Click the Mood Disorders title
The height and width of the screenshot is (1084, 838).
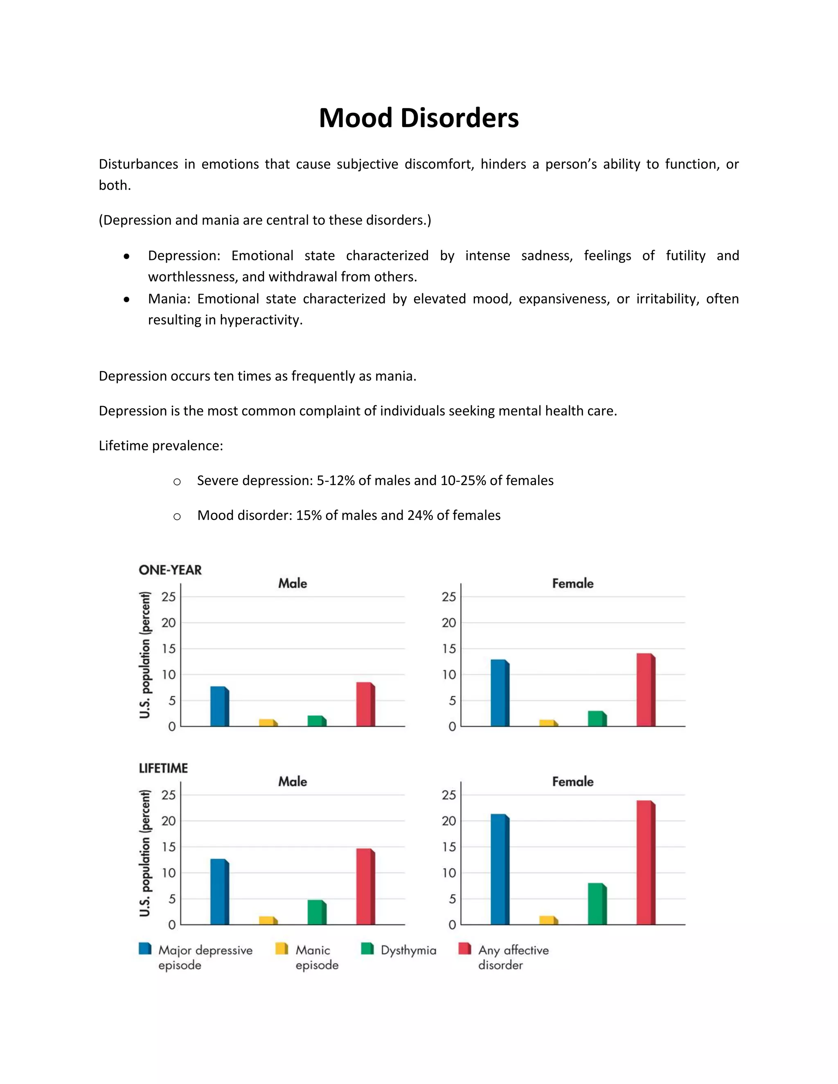(x=419, y=118)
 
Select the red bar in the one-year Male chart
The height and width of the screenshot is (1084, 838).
(x=365, y=705)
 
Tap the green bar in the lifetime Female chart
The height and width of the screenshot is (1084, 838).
(x=597, y=904)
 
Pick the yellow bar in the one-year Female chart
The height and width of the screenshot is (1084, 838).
(x=548, y=723)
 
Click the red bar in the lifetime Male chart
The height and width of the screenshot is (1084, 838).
(x=365, y=886)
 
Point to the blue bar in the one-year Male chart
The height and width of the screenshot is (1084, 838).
(x=219, y=707)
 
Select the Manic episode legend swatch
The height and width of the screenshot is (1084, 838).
(x=282, y=949)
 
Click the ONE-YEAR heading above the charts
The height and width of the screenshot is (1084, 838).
(x=170, y=570)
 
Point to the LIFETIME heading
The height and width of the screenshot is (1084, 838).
(x=163, y=768)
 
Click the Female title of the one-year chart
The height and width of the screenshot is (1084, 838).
(x=572, y=583)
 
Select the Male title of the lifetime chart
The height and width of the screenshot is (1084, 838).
(x=293, y=782)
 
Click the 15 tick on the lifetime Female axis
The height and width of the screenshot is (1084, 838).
(x=448, y=847)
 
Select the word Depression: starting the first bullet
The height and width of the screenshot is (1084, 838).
(x=184, y=256)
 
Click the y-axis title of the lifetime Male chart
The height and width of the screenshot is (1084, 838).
(x=144, y=853)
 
